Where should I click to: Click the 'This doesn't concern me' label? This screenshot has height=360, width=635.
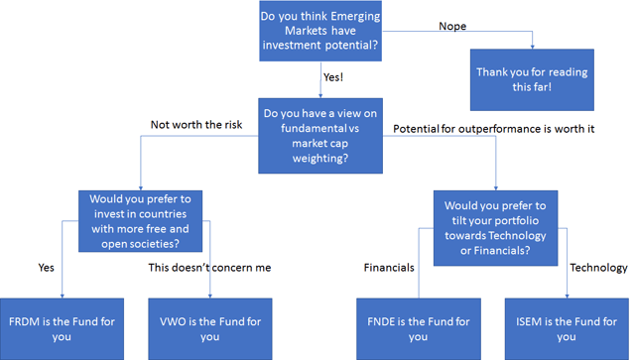point(209,268)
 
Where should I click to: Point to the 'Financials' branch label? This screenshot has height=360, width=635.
point(389,268)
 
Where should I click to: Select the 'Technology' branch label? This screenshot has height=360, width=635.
point(598,268)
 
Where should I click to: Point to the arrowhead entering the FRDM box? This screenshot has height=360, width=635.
point(62,295)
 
